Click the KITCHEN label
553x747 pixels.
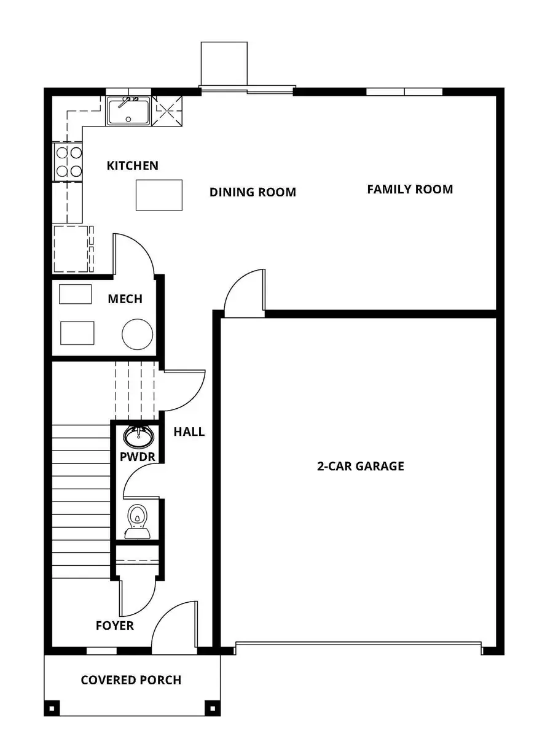tap(132, 166)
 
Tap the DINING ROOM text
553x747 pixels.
tap(253, 192)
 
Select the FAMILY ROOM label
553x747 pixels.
tap(410, 189)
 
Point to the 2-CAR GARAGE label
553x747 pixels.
tap(360, 466)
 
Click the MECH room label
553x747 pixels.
tap(125, 299)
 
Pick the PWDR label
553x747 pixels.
tap(137, 457)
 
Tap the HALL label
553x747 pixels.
tap(189, 432)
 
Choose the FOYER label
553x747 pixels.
tap(115, 625)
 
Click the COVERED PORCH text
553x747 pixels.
tap(131, 680)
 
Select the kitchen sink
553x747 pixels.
tap(128, 111)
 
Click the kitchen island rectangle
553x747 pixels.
tap(159, 195)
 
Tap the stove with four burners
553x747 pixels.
tap(69, 162)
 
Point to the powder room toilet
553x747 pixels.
tap(137, 520)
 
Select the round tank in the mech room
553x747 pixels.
tap(137, 334)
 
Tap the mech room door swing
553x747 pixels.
tap(134, 253)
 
